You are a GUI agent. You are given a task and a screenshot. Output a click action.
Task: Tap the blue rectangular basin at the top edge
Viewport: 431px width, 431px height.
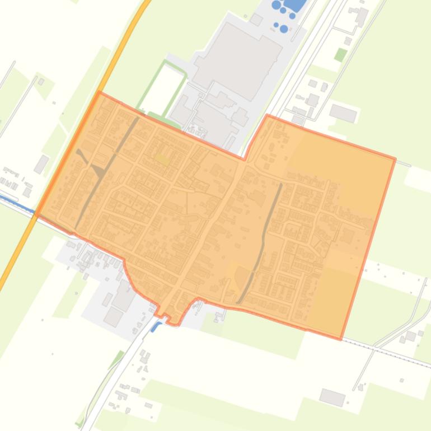pyautogui.click(x=296, y=4)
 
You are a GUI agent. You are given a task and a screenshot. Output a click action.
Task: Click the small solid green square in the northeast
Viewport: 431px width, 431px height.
pyautogui.click(x=340, y=54)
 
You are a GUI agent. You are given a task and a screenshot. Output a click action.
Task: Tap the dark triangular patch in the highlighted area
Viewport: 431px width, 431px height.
pyautogui.click(x=100, y=171)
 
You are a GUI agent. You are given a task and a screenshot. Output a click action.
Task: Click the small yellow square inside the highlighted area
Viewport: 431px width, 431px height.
pyautogui.click(x=162, y=159)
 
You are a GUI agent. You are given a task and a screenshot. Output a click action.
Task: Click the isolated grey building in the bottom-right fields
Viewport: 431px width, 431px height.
pyautogui.click(x=332, y=397)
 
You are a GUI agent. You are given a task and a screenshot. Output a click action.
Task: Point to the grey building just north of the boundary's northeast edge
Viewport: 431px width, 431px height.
pyautogui.click(x=343, y=113)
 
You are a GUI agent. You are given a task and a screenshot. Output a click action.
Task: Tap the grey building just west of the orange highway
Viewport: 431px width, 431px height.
pyautogui.click(x=41, y=164)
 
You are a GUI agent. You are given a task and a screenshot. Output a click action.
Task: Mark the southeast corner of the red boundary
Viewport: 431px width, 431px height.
pyautogui.click(x=341, y=339)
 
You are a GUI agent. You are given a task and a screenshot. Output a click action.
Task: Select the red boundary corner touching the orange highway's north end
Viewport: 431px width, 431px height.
pyautogui.click(x=100, y=93)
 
